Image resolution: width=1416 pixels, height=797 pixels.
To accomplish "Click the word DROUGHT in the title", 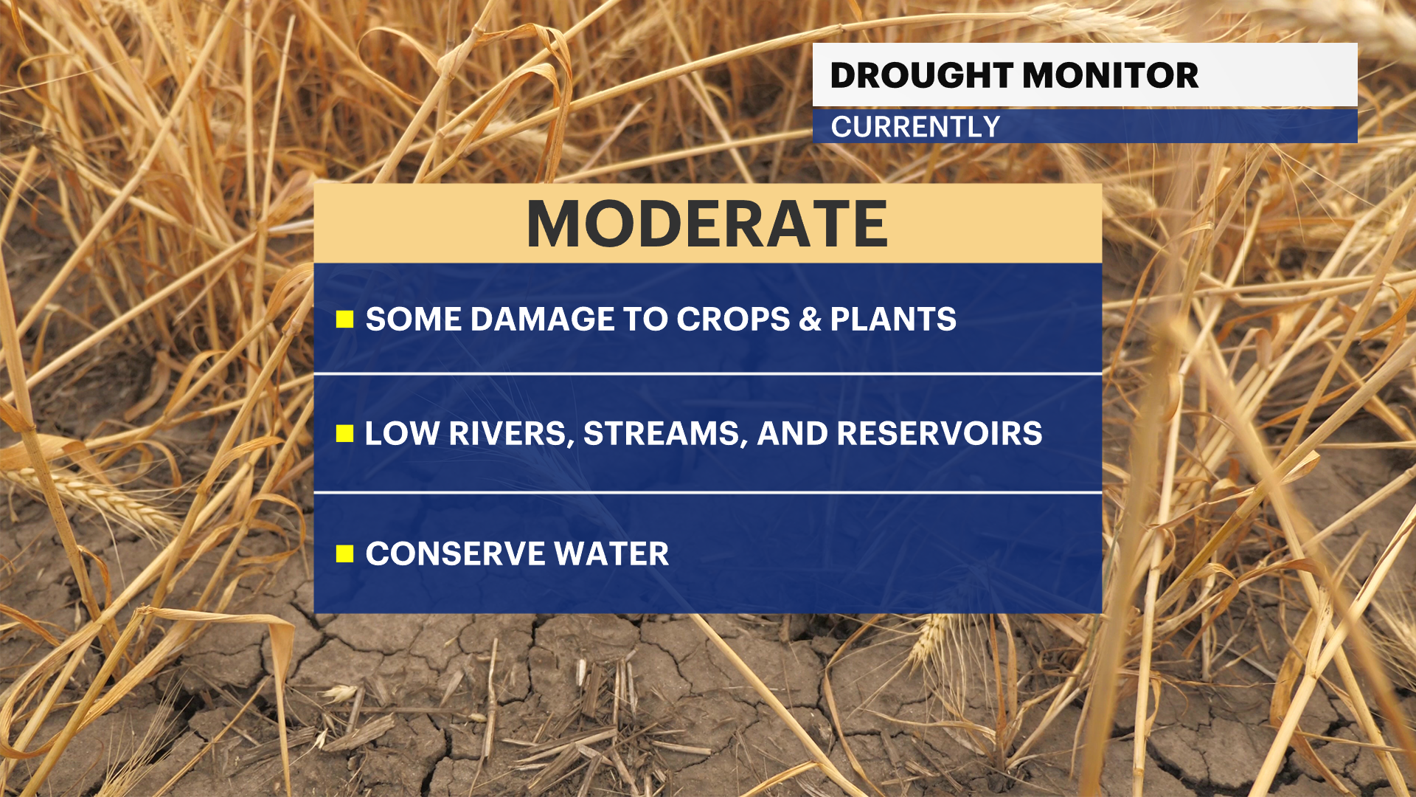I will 922,75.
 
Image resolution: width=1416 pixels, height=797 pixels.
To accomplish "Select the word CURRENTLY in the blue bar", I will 915,127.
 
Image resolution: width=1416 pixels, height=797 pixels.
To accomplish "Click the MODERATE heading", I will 707,224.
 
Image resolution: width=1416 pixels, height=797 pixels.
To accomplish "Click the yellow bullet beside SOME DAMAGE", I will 344,320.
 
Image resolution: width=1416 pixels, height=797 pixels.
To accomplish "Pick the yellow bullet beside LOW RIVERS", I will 344,433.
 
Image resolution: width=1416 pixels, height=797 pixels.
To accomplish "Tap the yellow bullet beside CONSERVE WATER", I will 344,553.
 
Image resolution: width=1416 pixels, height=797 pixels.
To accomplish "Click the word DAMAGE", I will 542,320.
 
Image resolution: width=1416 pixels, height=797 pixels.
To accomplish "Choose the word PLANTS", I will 893,320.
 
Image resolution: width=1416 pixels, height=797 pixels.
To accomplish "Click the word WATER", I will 611,553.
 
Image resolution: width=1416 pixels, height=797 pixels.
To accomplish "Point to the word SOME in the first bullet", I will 412,320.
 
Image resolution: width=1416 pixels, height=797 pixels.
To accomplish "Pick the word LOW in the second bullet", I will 402,433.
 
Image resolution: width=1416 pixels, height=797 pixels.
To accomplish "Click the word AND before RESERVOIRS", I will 793,433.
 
